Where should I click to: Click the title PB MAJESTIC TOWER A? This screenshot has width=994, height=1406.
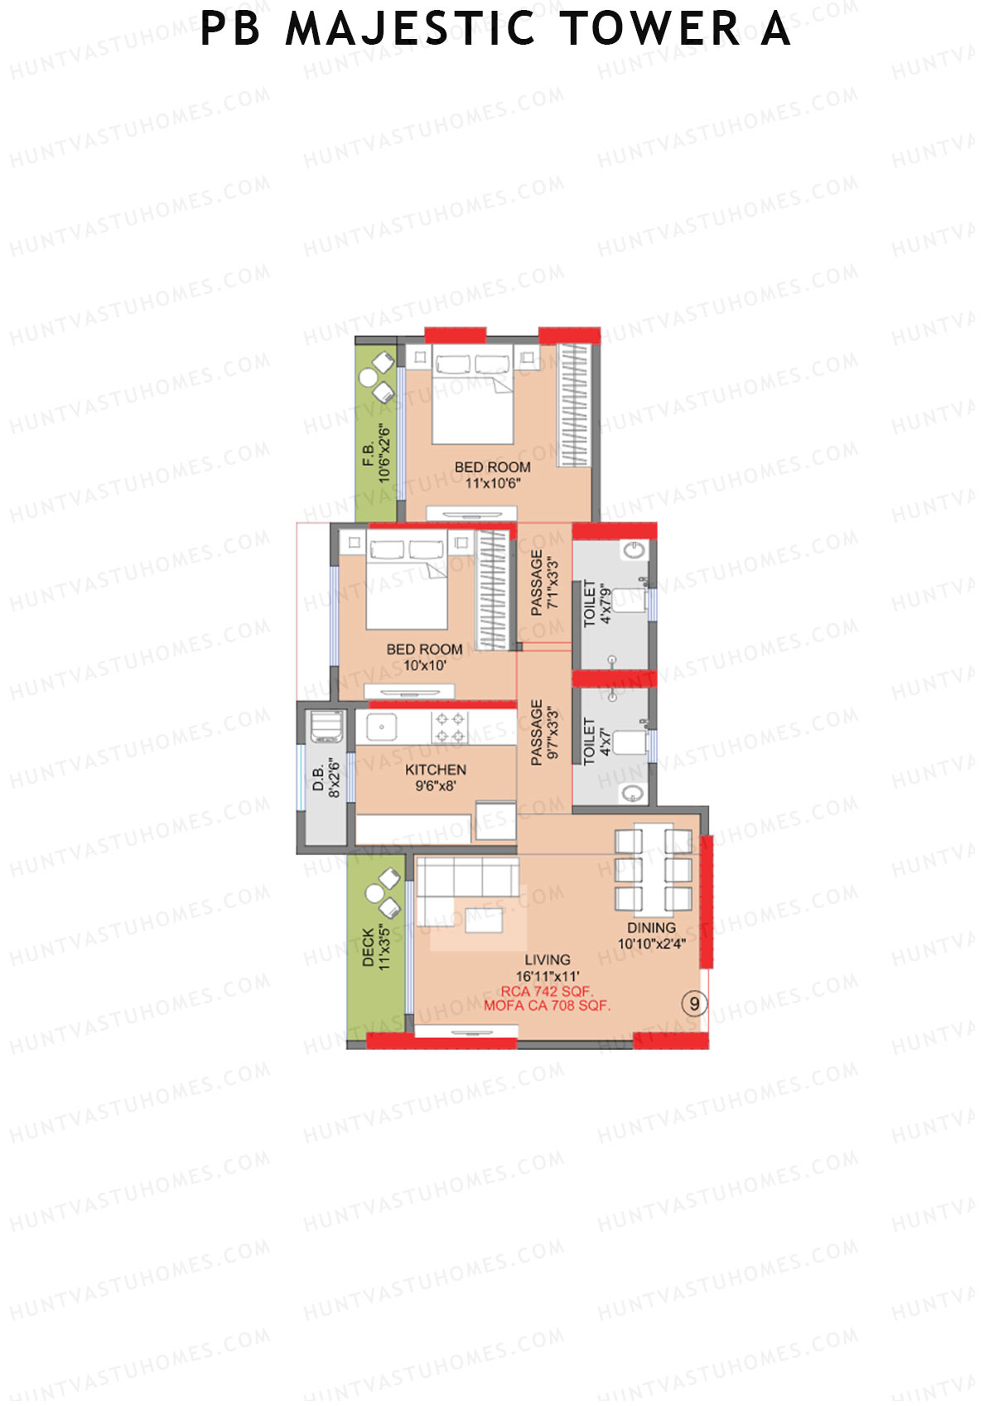[495, 30]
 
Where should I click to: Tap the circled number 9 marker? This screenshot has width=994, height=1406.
[694, 1004]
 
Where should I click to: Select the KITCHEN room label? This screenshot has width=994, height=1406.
[436, 770]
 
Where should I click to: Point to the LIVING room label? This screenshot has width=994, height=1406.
[548, 960]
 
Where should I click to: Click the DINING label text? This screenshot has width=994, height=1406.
[651, 928]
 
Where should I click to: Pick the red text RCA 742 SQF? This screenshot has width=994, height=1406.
[547, 991]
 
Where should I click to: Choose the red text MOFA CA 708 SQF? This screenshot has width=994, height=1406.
[547, 1006]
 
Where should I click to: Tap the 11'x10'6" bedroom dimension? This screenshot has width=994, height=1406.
[492, 483]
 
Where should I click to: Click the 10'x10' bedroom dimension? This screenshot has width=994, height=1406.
[425, 665]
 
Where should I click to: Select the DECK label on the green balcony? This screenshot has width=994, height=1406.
[369, 947]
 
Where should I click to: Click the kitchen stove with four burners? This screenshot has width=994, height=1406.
[450, 727]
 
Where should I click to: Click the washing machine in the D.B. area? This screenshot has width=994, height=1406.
[326, 726]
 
